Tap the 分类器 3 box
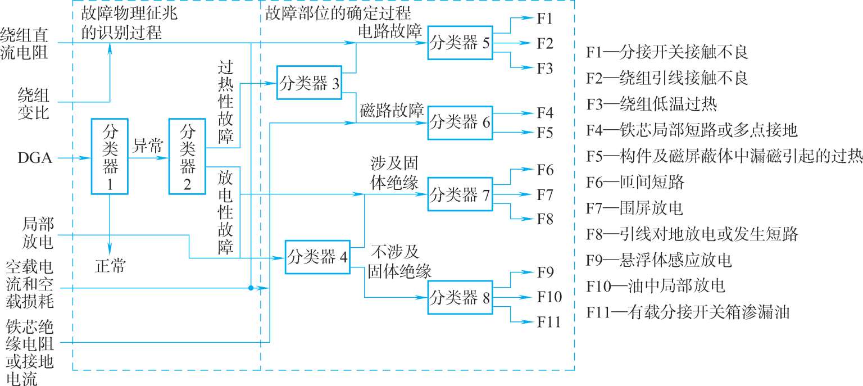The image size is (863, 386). click(310, 82)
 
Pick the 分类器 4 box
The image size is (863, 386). click(317, 257)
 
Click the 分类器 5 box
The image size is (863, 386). click(460, 43)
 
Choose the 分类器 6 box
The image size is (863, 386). click(460, 122)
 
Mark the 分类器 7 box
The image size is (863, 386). click(460, 194)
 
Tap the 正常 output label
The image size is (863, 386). click(110, 266)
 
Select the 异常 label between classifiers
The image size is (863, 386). click(148, 147)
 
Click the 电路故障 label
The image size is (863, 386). click(390, 31)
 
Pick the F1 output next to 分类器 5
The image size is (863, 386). click(544, 19)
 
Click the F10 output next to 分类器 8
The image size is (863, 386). click(549, 297)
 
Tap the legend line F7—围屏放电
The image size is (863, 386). click(634, 208)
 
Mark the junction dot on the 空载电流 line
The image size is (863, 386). click(251, 288)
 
